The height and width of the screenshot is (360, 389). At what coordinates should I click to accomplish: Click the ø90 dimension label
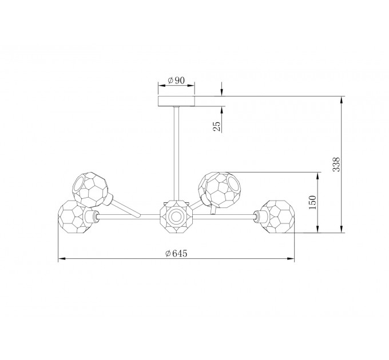(176, 80)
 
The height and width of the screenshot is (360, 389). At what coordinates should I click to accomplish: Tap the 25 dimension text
(217, 126)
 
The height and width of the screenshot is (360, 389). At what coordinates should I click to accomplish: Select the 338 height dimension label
(336, 164)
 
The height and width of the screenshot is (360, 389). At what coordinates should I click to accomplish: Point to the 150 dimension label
(312, 202)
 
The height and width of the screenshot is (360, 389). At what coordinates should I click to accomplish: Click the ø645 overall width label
(176, 253)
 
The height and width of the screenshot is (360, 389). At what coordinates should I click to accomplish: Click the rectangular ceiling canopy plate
(176, 101)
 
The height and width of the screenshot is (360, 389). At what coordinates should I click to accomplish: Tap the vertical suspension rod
(176, 154)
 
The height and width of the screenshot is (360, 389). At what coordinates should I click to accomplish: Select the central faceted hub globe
(176, 217)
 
